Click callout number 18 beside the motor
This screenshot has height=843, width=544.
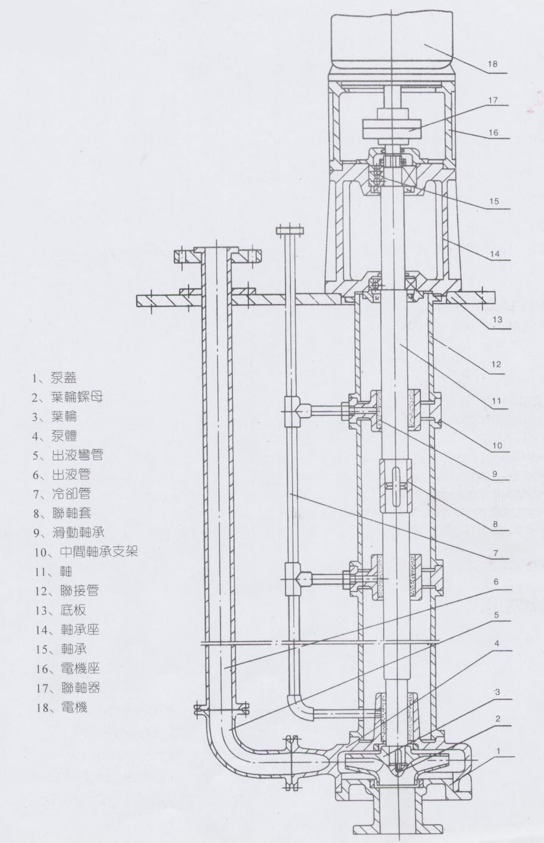click(x=493, y=64)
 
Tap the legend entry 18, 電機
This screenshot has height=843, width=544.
click(x=61, y=707)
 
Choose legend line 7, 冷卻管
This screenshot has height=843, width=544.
click(x=62, y=493)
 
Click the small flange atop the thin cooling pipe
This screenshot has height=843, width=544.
click(x=289, y=229)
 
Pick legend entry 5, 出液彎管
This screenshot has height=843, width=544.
click(x=68, y=455)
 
